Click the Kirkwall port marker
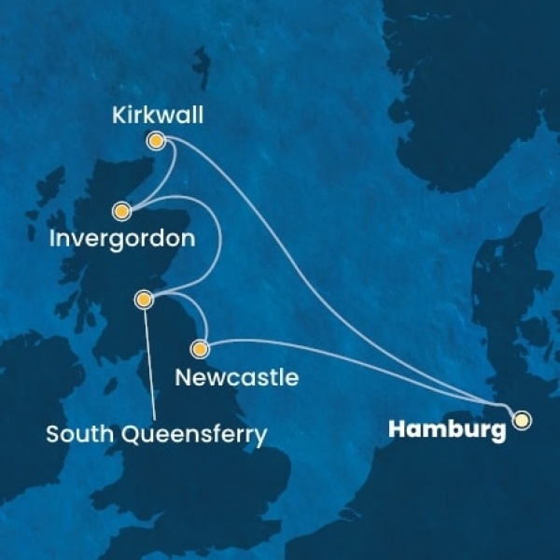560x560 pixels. [156, 141]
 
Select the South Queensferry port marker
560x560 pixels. [144, 300]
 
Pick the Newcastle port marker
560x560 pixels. [198, 349]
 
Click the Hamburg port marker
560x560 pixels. [521, 420]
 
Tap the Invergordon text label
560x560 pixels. [122, 238]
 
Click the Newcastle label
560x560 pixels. [237, 378]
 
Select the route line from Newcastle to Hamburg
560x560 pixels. [355, 359]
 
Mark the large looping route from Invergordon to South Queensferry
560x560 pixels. [219, 238]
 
